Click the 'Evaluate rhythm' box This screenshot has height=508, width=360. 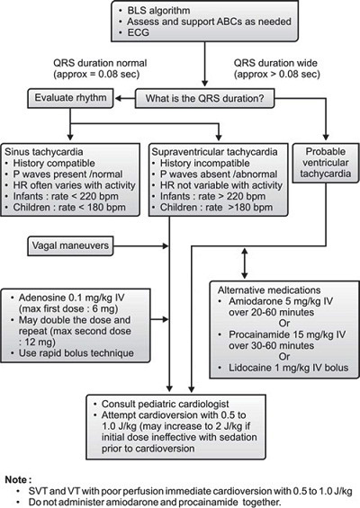pos(70,98)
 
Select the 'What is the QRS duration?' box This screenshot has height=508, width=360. pos(204,98)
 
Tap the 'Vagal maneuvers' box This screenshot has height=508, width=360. pos(70,245)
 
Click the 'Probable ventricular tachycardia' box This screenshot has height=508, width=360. pos(326,163)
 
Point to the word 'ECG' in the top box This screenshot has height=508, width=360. pos(139,32)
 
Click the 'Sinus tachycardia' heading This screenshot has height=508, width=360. pos(44,152)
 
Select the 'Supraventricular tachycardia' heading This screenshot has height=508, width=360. pos(214,152)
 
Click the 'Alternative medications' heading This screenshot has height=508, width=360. pos(269,290)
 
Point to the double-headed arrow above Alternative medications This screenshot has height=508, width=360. pos(245,263)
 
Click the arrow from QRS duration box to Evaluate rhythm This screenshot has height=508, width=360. pos(125,98)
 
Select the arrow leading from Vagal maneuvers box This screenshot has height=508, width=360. pos(141,245)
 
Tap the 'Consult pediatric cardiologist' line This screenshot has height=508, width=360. pos(166,404)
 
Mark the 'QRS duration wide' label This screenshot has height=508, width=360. pos(275,63)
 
